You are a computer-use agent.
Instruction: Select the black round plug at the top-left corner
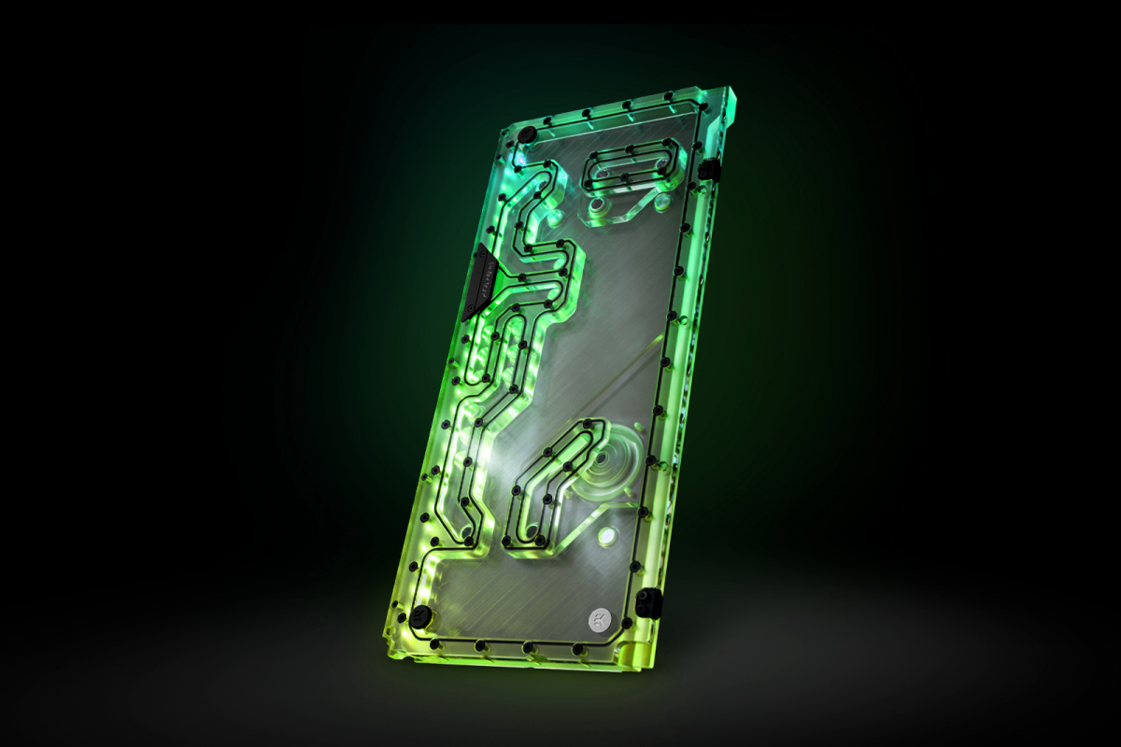(526, 136)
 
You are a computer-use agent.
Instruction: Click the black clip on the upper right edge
(708, 170)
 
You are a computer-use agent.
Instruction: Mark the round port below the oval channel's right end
(661, 199)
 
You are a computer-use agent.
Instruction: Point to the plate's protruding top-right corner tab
(734, 97)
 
